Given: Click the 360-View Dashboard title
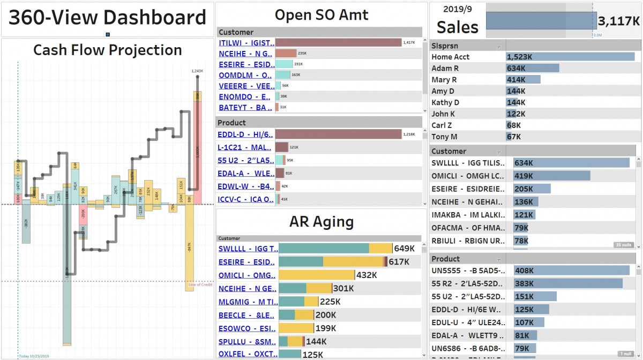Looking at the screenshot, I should [x=107, y=18].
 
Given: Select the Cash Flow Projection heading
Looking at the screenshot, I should [x=108, y=50].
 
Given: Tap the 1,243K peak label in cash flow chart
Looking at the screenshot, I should [x=197, y=71].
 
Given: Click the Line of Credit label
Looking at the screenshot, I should [x=200, y=284].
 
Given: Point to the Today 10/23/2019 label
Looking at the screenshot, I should [x=34, y=356].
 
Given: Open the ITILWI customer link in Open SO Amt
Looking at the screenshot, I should [x=246, y=43].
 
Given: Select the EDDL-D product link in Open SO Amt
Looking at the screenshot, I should [x=245, y=134].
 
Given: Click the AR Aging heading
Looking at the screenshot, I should [x=321, y=221].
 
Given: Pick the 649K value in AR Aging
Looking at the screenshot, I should [x=405, y=249].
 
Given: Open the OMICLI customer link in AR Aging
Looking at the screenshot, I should [x=246, y=275].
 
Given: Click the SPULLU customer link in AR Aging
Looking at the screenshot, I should [x=246, y=342].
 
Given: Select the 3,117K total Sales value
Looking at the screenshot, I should [x=619, y=21].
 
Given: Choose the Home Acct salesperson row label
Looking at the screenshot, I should [x=451, y=57].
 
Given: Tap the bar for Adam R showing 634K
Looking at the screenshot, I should [x=533, y=68].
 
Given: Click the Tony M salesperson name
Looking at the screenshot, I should [x=444, y=137].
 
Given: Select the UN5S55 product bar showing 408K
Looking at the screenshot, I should [x=571, y=271].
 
